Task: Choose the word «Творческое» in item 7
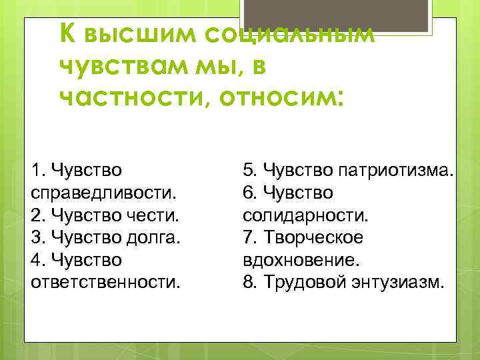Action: (313, 237)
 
